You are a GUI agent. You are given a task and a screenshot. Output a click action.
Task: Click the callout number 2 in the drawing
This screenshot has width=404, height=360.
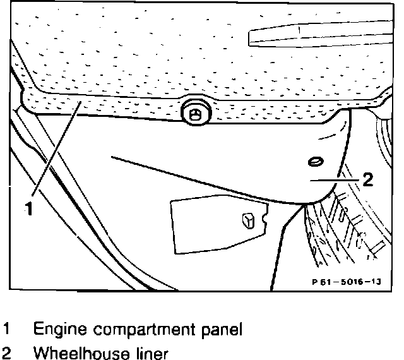click(368, 179)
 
